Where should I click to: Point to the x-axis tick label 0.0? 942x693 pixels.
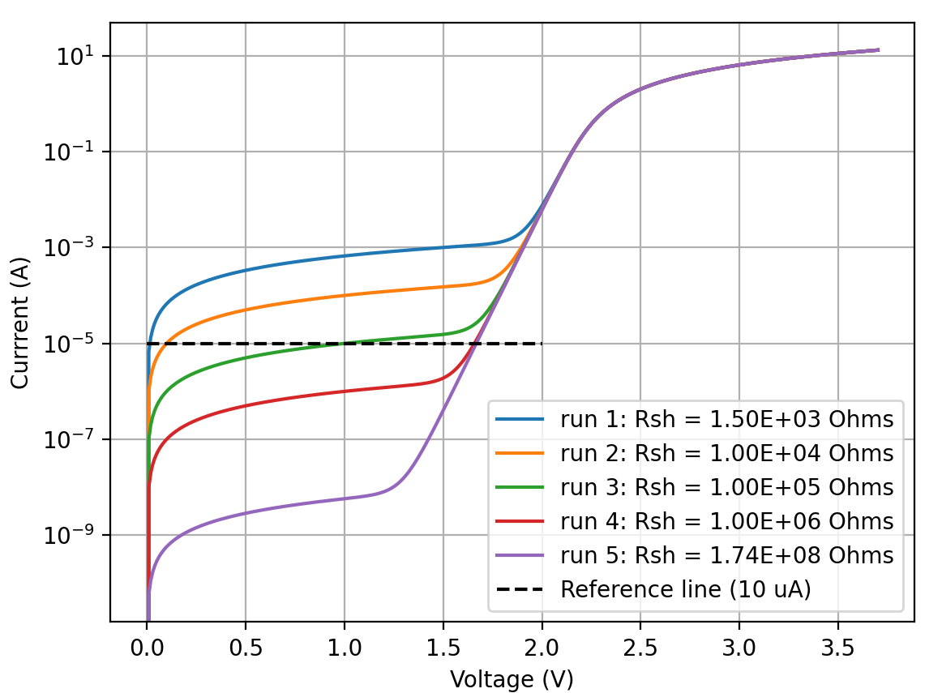point(147,651)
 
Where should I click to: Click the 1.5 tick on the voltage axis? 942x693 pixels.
point(443,651)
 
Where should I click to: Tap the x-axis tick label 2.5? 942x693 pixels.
point(640,651)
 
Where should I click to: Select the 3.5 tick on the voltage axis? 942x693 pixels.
point(837,651)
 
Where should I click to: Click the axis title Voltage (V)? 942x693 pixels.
point(512,679)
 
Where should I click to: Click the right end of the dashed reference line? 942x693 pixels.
point(541,344)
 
